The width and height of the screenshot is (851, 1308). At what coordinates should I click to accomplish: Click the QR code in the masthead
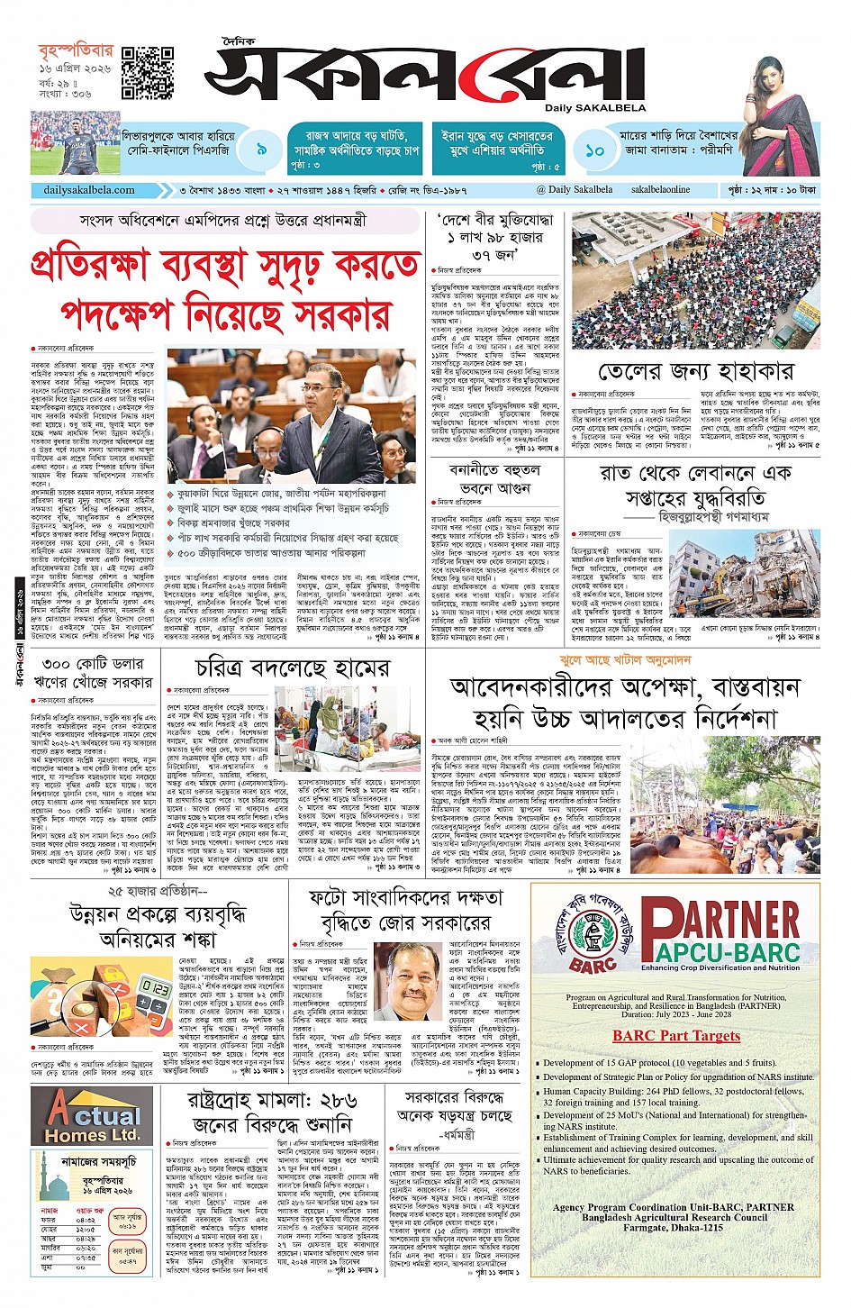pyautogui.click(x=148, y=72)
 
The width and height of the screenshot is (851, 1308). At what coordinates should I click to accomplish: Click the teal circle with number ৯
pyautogui.click(x=261, y=150)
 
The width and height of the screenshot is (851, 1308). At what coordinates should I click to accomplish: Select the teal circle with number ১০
pyautogui.click(x=593, y=150)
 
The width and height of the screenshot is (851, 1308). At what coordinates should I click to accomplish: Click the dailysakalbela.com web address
pyautogui.click(x=89, y=190)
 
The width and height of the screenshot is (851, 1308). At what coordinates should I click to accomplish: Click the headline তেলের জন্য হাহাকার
pyautogui.click(x=696, y=371)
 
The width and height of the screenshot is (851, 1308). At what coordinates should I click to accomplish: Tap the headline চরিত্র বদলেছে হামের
pyautogui.click(x=293, y=668)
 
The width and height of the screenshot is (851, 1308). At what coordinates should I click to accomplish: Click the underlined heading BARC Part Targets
pyautogui.click(x=675, y=1036)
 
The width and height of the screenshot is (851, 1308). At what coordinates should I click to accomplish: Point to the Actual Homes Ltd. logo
pyautogui.click(x=94, y=1116)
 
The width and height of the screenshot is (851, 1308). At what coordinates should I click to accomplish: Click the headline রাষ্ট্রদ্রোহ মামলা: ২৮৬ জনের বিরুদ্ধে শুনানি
pyautogui.click(x=272, y=1113)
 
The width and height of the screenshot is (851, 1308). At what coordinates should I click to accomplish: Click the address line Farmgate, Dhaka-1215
pyautogui.click(x=674, y=1228)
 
